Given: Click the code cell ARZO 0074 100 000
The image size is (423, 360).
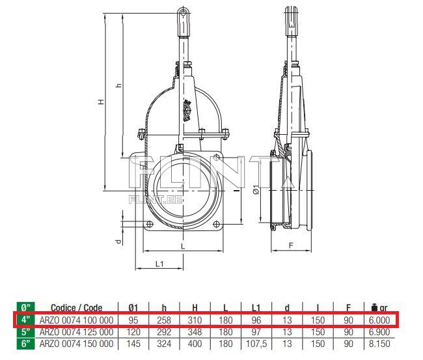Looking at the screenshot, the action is pyautogui.click(x=76, y=320).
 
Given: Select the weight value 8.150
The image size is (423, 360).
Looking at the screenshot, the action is pyautogui.click(x=379, y=344).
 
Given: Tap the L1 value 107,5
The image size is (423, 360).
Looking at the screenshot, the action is pyautogui.click(x=256, y=344).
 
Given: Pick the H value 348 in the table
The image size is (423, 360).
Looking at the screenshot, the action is pyautogui.click(x=195, y=332).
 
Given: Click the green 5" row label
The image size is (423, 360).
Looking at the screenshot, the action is pyautogui.click(x=25, y=332).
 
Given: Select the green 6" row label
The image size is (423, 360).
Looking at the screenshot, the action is pyautogui.click(x=25, y=344).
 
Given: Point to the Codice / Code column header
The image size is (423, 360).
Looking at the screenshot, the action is pyautogui.click(x=76, y=308).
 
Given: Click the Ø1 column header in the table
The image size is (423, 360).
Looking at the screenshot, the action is pyautogui.click(x=133, y=308).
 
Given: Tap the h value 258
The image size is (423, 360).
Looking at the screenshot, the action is pyautogui.click(x=164, y=320).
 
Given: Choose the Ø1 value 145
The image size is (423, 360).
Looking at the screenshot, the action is pyautogui.click(x=133, y=344).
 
